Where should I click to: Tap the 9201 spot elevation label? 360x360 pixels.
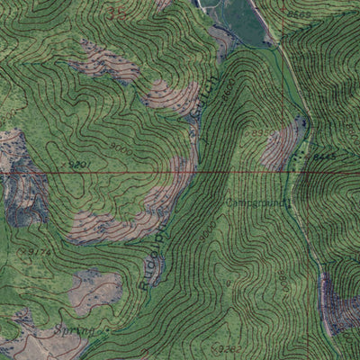79,165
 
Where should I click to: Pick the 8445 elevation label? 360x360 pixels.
325,156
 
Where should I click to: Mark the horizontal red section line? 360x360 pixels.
180,171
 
